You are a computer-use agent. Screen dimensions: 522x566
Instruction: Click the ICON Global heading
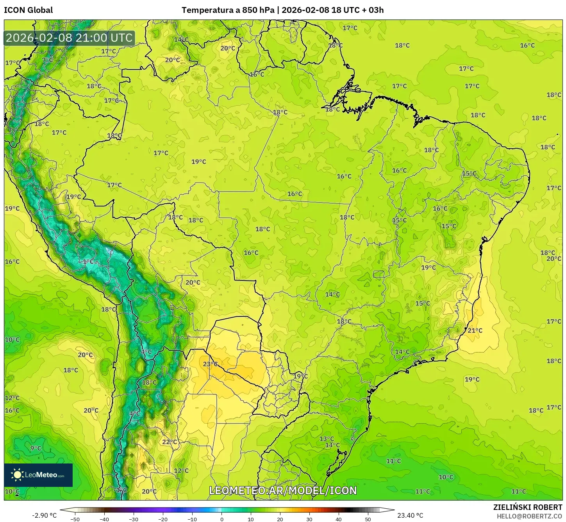click(x=29, y=10)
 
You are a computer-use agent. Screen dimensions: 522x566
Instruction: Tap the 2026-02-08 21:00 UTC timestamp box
click(x=69, y=38)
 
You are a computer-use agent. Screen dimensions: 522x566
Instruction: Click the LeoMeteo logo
click(x=38, y=475)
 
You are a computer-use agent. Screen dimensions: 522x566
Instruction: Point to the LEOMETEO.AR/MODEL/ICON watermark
click(x=283, y=490)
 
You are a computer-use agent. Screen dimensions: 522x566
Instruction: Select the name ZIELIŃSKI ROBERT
click(x=527, y=508)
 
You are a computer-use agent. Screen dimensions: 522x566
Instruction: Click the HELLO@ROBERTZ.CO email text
click(x=529, y=516)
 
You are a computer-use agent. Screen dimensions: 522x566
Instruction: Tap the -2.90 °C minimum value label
click(x=44, y=515)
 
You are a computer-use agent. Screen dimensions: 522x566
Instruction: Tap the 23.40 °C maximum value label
click(x=410, y=515)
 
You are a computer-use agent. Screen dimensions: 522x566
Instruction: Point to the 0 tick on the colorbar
click(x=221, y=519)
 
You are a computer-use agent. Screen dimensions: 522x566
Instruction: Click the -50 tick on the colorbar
click(x=75, y=519)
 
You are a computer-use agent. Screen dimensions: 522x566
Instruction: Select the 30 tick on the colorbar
click(x=309, y=519)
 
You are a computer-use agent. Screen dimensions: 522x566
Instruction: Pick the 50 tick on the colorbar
click(x=368, y=519)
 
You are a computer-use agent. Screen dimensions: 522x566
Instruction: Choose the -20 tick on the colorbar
click(x=163, y=519)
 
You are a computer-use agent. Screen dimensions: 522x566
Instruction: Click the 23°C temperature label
click(x=210, y=364)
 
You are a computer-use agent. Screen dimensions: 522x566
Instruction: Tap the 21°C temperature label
click(x=475, y=330)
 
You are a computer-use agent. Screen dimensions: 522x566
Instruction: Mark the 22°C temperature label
click(x=170, y=442)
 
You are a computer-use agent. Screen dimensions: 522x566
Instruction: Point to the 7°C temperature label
click(x=47, y=60)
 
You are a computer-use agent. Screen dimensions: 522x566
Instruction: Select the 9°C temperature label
click(x=36, y=448)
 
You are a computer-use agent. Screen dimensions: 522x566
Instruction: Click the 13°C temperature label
click(x=327, y=439)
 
